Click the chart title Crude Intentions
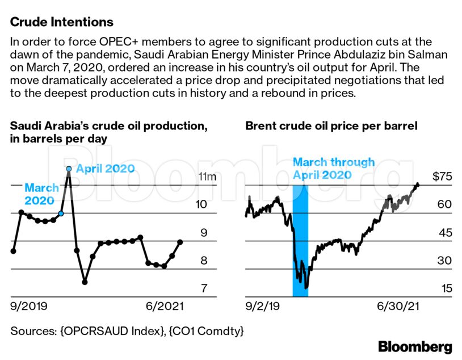[x=62, y=22]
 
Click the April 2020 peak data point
[x=69, y=169]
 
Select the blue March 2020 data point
[x=61, y=214]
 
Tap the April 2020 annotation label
[x=105, y=169]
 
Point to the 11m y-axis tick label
[x=207, y=177]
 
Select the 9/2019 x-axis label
[x=29, y=307]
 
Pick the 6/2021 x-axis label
[x=164, y=307]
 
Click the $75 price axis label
[x=442, y=177]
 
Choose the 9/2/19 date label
[x=263, y=307]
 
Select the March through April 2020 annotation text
[x=334, y=169]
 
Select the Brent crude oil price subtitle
[x=331, y=125]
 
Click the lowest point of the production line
[x=85, y=282]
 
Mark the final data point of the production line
[x=180, y=242]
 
